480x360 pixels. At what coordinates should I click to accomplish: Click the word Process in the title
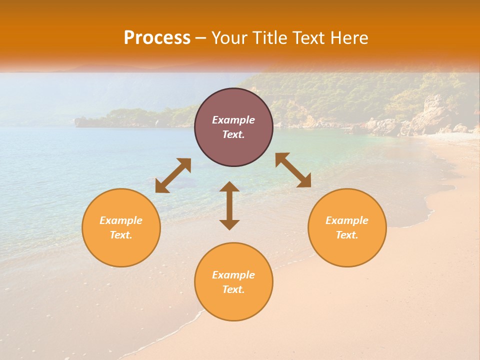coord(157,38)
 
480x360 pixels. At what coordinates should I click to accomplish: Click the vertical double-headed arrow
coord(229,205)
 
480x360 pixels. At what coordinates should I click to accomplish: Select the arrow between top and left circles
coord(173,175)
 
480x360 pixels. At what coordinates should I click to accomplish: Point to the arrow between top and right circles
coord(293,170)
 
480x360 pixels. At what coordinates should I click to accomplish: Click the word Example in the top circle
coord(233,120)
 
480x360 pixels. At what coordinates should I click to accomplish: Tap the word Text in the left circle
coord(121,235)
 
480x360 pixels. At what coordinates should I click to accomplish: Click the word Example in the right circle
coord(347,220)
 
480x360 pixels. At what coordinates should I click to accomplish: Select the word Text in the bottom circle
coord(233,289)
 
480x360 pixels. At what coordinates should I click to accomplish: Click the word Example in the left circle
coord(121,220)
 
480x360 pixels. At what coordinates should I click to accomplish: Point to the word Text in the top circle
coord(233,134)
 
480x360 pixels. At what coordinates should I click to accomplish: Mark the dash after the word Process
coord(200,38)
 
